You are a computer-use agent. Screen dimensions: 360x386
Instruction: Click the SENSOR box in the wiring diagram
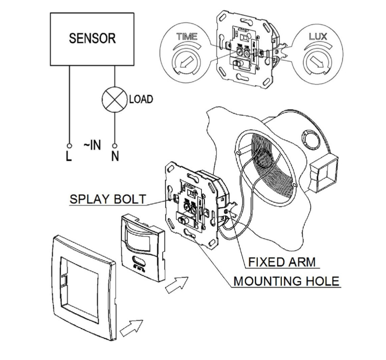(92, 39)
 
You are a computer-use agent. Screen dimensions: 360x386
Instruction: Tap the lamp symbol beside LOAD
(115, 99)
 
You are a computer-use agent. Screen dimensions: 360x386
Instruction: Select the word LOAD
(140, 99)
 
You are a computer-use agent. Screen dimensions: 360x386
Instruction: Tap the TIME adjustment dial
(182, 63)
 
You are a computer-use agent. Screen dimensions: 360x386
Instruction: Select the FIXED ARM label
(281, 262)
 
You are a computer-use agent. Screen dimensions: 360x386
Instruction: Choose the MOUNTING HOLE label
(286, 281)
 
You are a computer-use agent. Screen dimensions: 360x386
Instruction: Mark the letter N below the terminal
(115, 156)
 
